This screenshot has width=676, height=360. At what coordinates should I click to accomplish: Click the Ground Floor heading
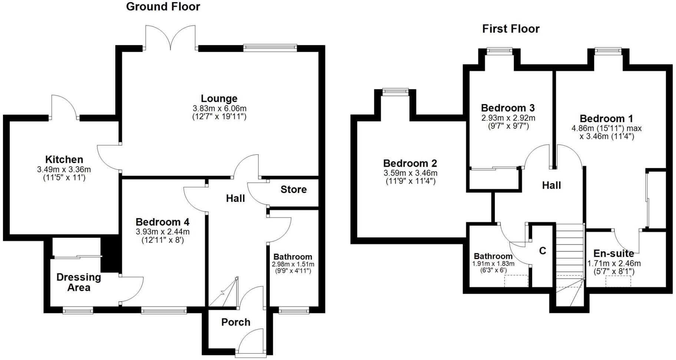[x=163, y=7]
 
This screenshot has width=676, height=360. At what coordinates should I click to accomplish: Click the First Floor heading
[x=510, y=29]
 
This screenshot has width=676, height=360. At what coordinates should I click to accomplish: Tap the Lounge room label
[x=219, y=99]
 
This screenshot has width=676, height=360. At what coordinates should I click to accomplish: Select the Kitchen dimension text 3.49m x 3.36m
[x=64, y=170]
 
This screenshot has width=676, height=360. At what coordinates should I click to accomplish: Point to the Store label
[x=294, y=190]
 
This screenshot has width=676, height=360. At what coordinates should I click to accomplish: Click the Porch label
[x=236, y=322]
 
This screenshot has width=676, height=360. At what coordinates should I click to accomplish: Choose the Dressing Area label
[x=79, y=282]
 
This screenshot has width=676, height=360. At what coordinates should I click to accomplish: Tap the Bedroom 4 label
[x=162, y=222]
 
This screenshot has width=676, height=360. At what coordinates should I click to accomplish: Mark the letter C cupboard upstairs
[x=543, y=251]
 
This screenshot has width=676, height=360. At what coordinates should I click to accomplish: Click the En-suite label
[x=613, y=254]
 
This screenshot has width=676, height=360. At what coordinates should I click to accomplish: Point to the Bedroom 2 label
[x=410, y=163]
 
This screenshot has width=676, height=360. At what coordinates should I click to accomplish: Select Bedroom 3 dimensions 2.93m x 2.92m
[x=508, y=118]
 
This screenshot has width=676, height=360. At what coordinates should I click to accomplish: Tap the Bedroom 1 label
[x=606, y=119]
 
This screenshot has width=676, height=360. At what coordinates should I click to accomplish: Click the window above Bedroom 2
[x=395, y=91]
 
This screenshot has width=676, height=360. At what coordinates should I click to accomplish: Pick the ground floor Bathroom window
[x=294, y=310]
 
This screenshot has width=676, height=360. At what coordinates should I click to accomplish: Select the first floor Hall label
[x=551, y=186]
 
